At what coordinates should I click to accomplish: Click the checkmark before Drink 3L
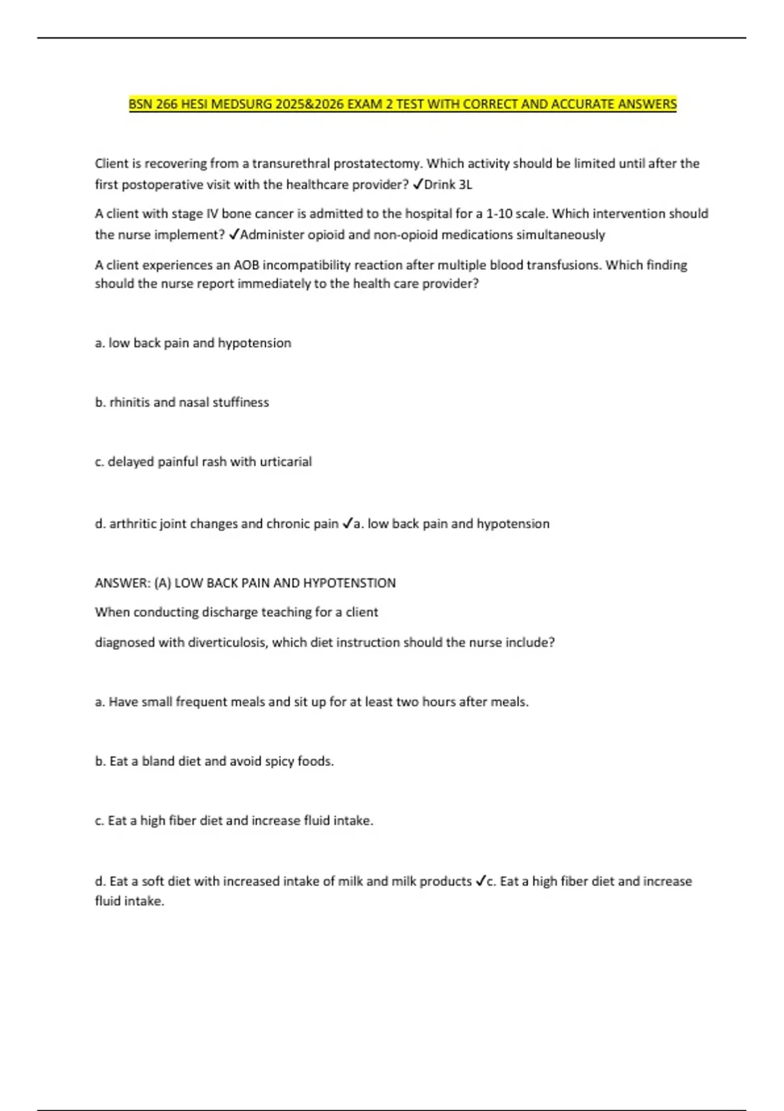click(x=417, y=184)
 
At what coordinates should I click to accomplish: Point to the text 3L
click(x=465, y=184)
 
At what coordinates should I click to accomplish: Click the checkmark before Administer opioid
click(x=235, y=235)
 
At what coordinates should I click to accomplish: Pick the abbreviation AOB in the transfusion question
click(x=246, y=265)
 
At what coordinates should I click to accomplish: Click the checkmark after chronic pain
click(x=348, y=523)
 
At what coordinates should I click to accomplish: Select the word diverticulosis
click(x=227, y=642)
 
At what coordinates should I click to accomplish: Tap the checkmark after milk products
click(x=481, y=881)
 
